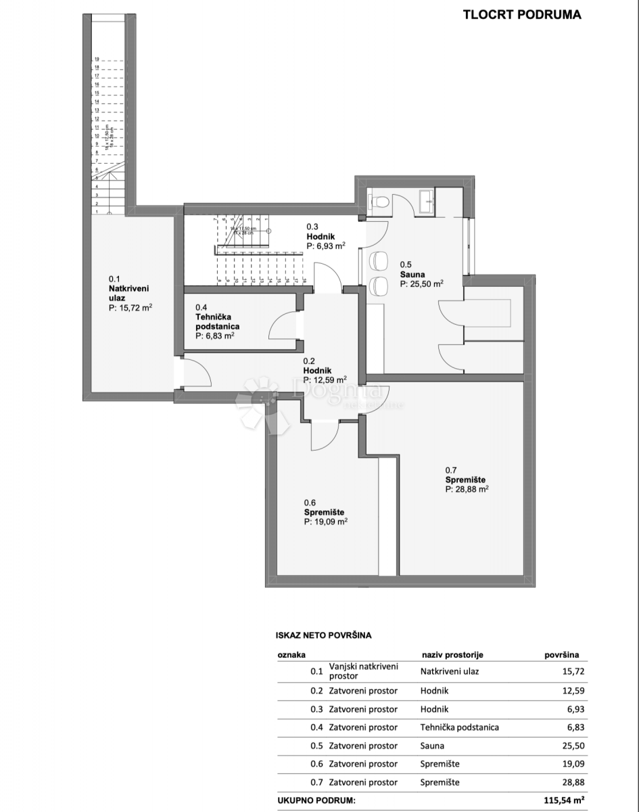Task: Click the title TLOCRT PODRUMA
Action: coord(521,14)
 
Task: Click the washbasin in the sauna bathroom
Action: coord(426,200)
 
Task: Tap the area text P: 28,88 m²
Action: coord(467,488)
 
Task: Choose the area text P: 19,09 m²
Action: coord(325,522)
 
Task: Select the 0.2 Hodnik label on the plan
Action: coord(325,371)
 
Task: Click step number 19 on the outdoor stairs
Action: coord(97,60)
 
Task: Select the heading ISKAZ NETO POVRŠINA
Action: coord(323,635)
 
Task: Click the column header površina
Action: coord(562,655)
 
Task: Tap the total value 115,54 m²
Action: coord(563,800)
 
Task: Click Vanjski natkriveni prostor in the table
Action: coord(363,671)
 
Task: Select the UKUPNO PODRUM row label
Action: coord(316,800)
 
